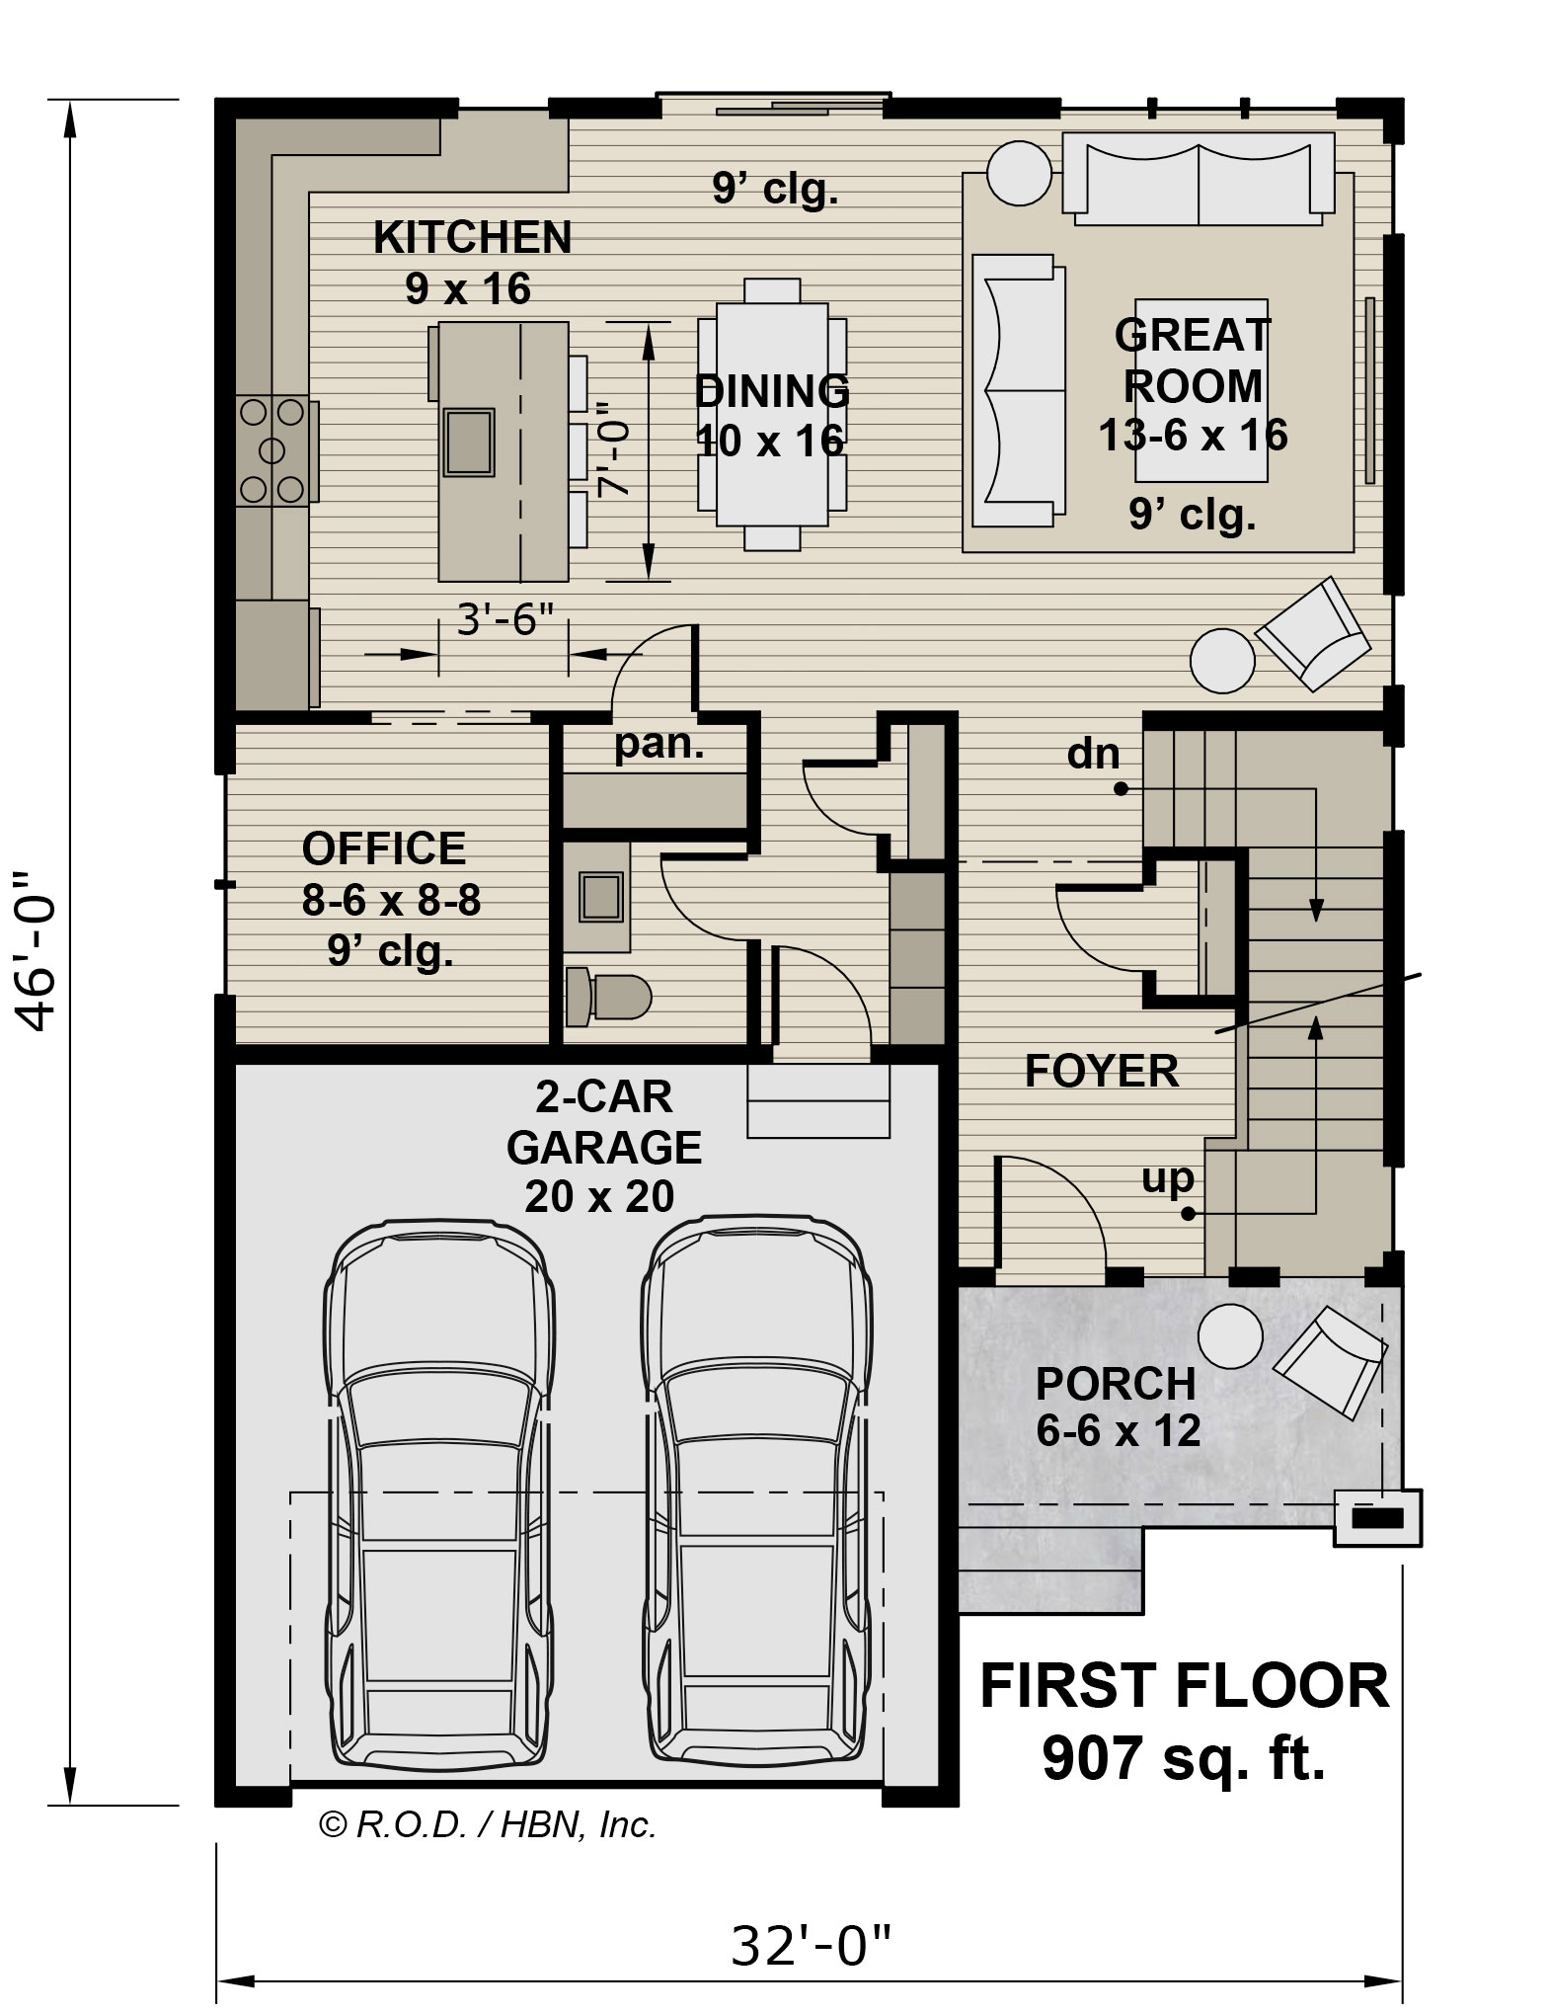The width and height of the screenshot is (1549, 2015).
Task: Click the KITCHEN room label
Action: coord(472,237)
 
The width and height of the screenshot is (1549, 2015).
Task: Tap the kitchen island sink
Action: coord(468,441)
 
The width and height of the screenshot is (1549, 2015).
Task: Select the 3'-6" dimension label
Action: coord(504,621)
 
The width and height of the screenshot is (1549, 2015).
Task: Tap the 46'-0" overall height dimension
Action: coord(40,950)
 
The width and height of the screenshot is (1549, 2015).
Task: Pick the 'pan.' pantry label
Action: coord(659,744)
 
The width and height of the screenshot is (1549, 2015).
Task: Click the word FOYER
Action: coord(1102,1071)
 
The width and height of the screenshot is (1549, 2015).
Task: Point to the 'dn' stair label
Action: coord(1094,754)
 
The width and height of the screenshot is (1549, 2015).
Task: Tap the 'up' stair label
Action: coord(1168,1177)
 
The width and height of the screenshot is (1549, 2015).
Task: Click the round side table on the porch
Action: coord(1230,1335)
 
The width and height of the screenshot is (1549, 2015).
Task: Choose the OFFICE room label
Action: coord(384,848)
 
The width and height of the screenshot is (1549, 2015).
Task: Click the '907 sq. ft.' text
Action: coord(1184,1757)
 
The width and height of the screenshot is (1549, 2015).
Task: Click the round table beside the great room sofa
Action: coord(1020,173)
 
